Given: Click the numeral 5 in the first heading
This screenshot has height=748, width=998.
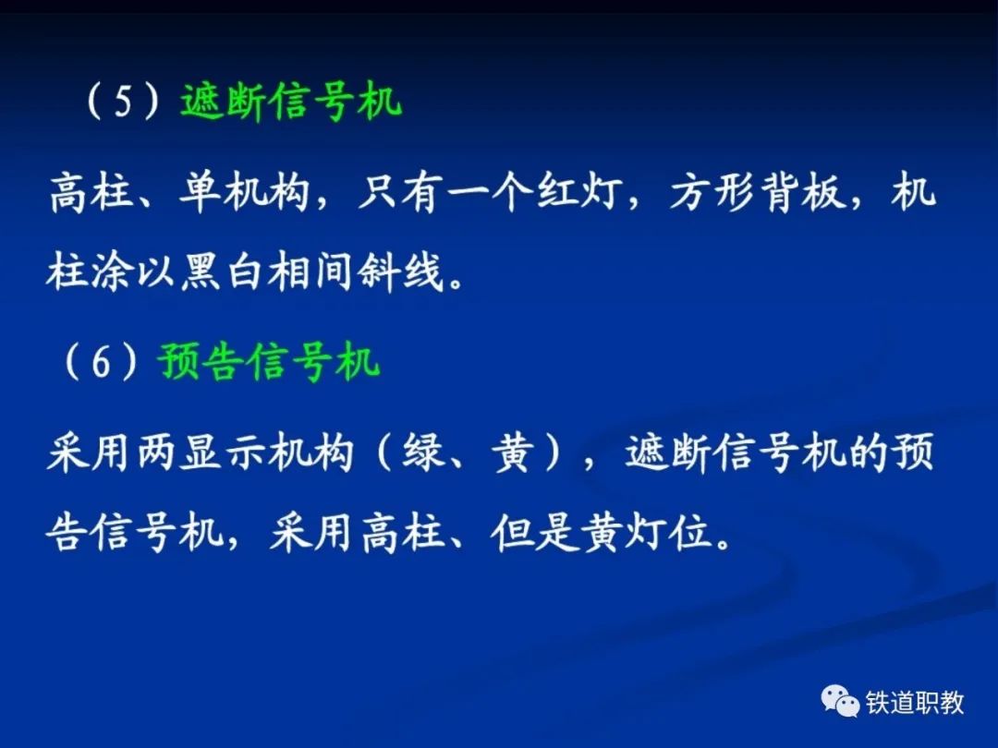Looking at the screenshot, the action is click(x=123, y=103).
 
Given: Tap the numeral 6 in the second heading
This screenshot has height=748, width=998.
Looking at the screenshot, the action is click(x=102, y=363).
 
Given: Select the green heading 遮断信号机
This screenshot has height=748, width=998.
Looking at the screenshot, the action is click(x=291, y=102).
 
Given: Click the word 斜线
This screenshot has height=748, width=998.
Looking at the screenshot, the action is click(x=400, y=272).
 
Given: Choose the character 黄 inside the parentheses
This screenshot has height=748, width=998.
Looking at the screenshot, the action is click(x=513, y=453).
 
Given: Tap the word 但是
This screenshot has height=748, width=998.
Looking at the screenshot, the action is click(x=533, y=532).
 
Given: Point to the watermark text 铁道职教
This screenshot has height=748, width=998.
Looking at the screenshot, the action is click(x=915, y=703).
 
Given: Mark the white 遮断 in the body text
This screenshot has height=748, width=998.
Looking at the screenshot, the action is click(x=668, y=453).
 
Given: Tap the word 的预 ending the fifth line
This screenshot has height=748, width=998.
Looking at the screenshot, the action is click(x=890, y=453).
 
